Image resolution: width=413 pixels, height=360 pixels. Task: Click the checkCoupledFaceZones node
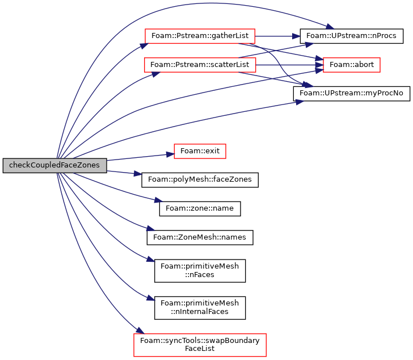(x=55, y=165)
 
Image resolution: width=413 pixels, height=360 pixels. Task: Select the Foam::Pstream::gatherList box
(x=200, y=36)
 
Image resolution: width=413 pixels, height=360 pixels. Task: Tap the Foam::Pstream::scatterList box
(x=200, y=65)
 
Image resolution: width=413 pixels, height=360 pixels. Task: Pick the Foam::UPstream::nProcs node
(x=352, y=36)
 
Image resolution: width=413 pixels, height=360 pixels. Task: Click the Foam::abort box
(x=352, y=65)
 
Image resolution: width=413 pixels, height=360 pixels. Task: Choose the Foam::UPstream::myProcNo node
(x=352, y=94)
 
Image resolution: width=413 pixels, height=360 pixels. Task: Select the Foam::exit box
(x=200, y=151)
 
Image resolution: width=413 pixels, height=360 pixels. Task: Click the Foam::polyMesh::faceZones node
(x=200, y=180)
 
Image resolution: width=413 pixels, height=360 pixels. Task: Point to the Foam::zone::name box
(x=200, y=209)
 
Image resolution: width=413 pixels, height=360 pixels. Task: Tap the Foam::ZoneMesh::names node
(x=200, y=237)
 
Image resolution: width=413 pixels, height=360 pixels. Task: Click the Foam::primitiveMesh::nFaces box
(x=200, y=271)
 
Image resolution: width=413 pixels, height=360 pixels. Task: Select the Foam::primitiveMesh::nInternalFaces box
(x=200, y=308)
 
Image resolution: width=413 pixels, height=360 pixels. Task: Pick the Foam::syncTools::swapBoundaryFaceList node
(x=200, y=345)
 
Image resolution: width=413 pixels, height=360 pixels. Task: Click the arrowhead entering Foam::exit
(x=170, y=154)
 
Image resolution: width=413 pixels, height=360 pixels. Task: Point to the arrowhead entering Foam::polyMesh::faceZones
(x=138, y=174)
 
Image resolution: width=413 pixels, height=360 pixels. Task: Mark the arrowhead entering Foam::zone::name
(x=159, y=200)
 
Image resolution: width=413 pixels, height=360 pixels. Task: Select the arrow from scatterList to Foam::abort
(x=289, y=65)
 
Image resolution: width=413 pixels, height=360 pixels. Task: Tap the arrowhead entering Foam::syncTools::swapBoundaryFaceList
(x=140, y=330)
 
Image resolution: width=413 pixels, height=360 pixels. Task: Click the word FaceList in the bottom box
(x=200, y=349)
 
